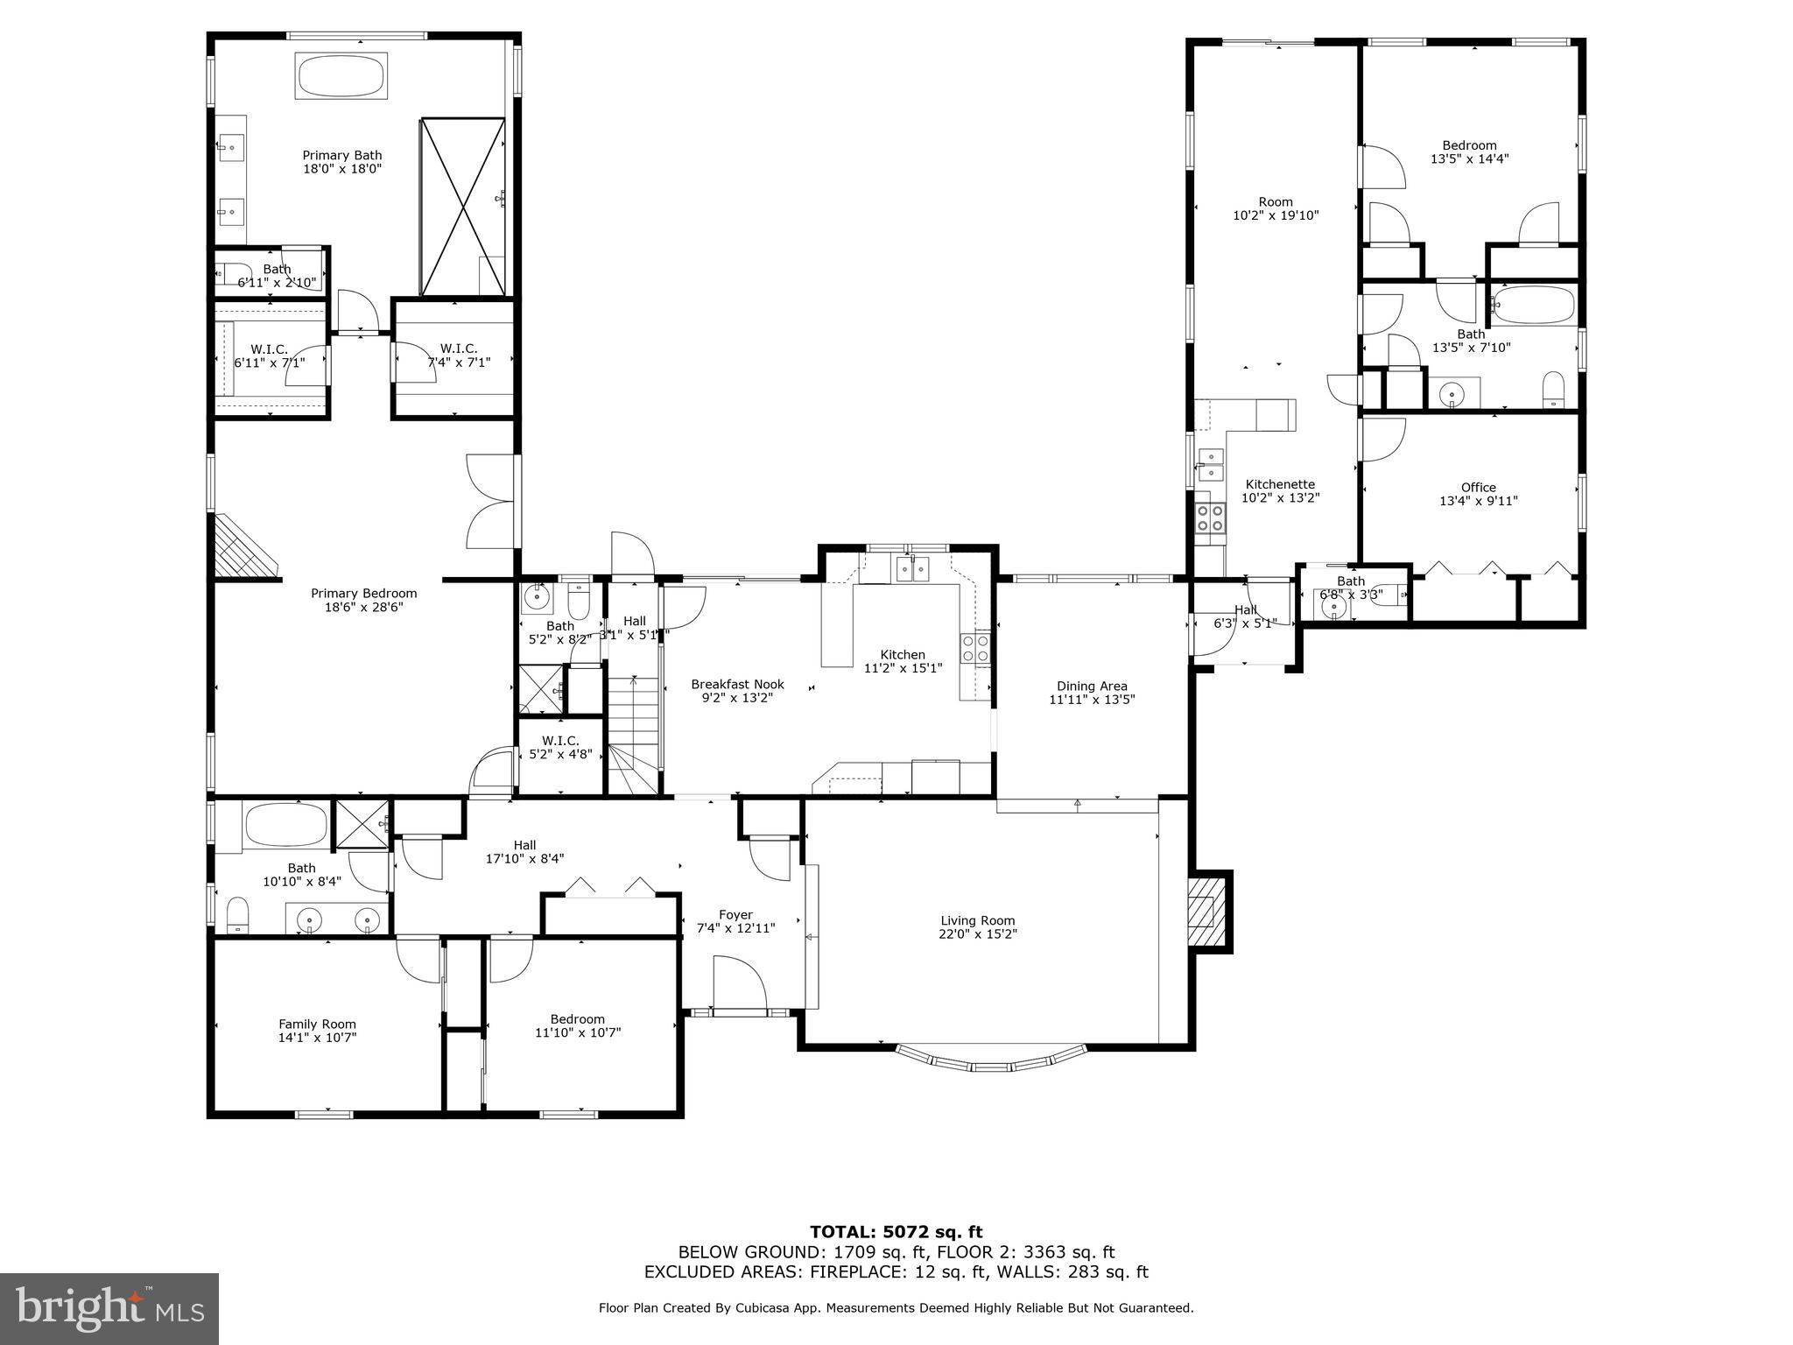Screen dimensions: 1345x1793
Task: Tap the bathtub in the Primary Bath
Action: tap(341, 76)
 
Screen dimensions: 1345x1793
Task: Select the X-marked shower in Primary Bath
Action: tap(463, 207)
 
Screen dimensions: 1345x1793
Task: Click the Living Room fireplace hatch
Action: tap(1206, 912)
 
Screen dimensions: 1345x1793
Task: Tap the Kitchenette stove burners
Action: tap(1211, 518)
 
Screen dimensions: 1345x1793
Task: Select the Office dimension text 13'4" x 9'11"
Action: tap(1478, 502)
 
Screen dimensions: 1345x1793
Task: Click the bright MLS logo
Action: tap(109, 1308)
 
